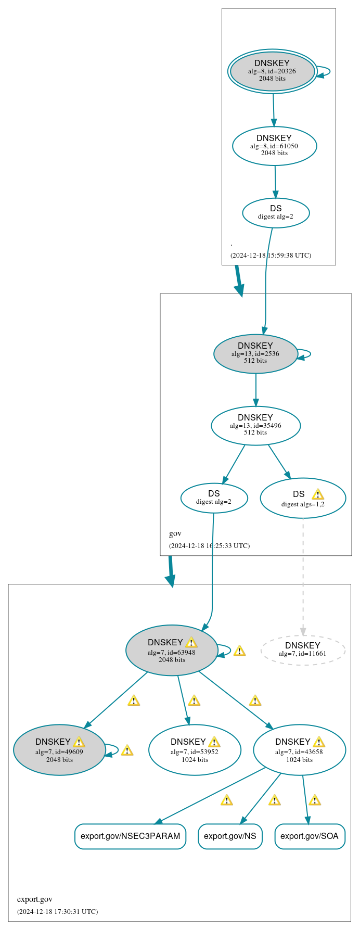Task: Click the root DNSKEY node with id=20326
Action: tap(272, 71)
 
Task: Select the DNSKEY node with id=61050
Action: tap(274, 146)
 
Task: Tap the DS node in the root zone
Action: tap(276, 212)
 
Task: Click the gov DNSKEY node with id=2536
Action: tap(255, 353)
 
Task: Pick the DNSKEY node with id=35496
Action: tap(255, 425)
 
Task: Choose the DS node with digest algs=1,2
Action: tap(303, 498)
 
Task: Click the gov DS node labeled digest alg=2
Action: tap(214, 498)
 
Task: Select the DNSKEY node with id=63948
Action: tap(172, 650)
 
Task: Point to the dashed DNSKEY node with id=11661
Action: tap(303, 649)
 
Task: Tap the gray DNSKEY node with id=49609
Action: tap(59, 749)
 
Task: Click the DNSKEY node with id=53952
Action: tap(195, 749)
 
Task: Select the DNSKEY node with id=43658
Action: tap(299, 749)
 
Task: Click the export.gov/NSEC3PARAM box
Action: tap(130, 836)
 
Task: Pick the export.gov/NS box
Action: tap(230, 836)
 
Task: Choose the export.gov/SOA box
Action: tap(310, 836)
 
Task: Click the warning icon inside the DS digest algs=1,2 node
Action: tap(318, 494)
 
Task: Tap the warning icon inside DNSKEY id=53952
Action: tap(214, 742)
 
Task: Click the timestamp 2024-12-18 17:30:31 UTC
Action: tap(57, 911)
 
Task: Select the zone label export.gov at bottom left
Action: tap(35, 899)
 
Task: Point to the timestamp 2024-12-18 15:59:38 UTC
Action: tap(271, 256)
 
